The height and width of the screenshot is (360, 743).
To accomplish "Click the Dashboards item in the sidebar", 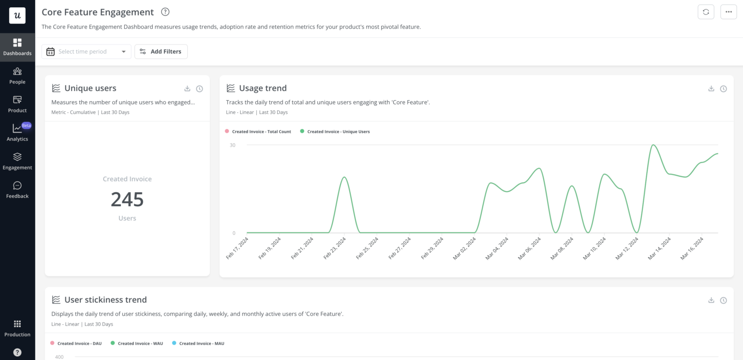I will click(x=17, y=47).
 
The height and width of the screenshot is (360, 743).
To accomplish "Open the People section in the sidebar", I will click(x=17, y=75).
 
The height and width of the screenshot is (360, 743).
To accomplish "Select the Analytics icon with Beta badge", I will click(x=17, y=132).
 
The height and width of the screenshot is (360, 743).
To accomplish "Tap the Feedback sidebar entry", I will click(x=17, y=189).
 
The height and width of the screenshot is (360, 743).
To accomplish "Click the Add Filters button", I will click(x=161, y=52).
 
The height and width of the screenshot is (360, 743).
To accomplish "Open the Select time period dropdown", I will click(x=86, y=52).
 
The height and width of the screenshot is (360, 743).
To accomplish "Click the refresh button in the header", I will click(x=706, y=12).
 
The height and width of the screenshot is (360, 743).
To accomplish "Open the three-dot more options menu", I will click(x=728, y=12).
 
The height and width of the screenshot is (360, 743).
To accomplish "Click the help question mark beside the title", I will click(x=165, y=12).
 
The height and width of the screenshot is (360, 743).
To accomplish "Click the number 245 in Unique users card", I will click(x=127, y=199).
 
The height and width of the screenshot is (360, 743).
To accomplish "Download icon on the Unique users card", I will click(x=187, y=89).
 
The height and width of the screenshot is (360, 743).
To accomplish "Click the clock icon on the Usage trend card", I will click(x=723, y=89).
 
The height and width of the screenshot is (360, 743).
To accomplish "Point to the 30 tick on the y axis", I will click(x=233, y=145).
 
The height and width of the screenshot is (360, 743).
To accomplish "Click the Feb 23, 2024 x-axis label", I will click(x=335, y=248).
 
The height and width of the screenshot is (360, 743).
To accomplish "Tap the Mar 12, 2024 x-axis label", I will click(x=626, y=248).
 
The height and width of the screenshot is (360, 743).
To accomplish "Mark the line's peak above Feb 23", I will click(x=344, y=177).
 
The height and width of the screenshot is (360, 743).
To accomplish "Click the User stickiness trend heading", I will click(x=105, y=300).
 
